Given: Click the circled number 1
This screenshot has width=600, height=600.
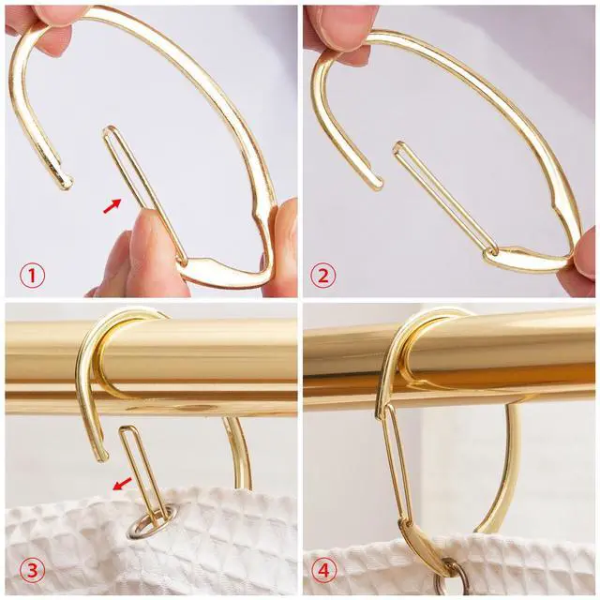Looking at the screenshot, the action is (x=32, y=276).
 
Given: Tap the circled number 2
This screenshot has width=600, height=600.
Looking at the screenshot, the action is (x=323, y=276).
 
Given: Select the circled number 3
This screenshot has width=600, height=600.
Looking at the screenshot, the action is (x=32, y=570).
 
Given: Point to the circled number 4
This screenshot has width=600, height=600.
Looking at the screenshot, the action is (x=323, y=570).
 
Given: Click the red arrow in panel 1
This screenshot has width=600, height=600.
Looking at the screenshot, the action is (x=112, y=206).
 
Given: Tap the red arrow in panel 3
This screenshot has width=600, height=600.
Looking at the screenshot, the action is (x=123, y=484).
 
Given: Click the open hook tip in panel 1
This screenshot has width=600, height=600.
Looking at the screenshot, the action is (x=66, y=184).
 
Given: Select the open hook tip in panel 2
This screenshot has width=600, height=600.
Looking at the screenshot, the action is (x=375, y=184).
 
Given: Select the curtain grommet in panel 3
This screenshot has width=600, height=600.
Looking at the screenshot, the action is (x=147, y=527).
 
